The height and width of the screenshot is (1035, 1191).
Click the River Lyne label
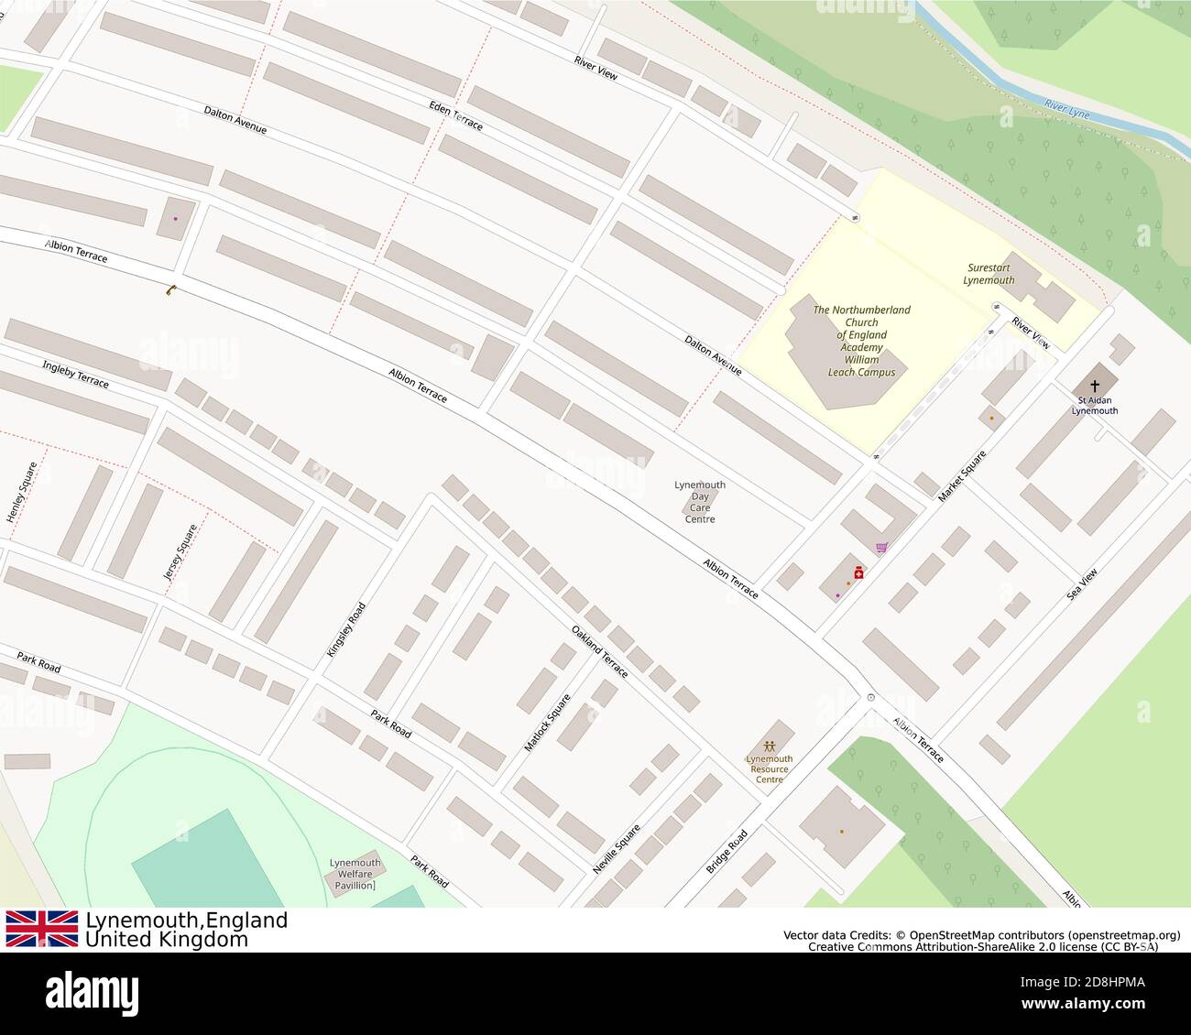(x=1067, y=110)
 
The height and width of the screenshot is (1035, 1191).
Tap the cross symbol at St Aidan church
(x=1095, y=387)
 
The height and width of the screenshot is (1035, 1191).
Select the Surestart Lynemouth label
(x=989, y=274)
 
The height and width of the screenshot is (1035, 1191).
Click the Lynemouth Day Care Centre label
(x=700, y=502)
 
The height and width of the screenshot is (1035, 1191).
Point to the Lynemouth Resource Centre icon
(x=769, y=745)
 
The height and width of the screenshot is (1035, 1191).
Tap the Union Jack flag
(x=42, y=929)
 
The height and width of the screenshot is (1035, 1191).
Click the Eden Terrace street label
(x=455, y=114)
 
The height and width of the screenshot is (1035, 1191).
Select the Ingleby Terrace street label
(x=75, y=374)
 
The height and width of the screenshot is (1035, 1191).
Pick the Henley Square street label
(x=22, y=493)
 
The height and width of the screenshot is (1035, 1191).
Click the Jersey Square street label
(x=180, y=552)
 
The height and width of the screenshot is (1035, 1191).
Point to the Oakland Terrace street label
(x=600, y=651)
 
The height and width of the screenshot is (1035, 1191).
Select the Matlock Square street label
(x=547, y=724)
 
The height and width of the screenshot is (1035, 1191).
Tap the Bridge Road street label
(x=727, y=852)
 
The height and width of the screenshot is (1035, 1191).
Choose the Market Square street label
(x=962, y=476)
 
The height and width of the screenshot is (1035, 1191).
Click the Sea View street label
(x=1082, y=584)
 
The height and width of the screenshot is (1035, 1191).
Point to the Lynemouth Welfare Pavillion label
(x=355, y=874)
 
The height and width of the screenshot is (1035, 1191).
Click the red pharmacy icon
(x=858, y=571)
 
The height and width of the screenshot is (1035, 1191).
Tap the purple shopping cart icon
(x=881, y=548)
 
